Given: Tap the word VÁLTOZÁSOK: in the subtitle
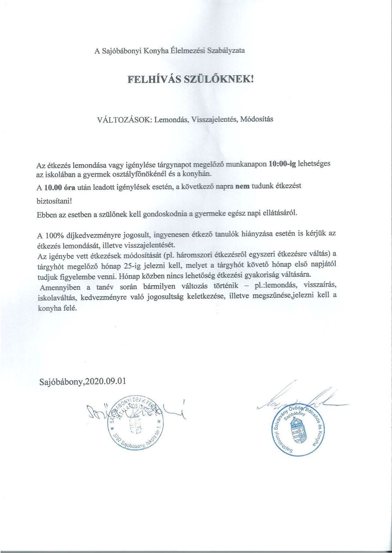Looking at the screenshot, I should [x=124, y=120].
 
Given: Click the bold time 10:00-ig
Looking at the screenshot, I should [x=282, y=164].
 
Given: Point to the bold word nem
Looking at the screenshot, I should [x=243, y=186].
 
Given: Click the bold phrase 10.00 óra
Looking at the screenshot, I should [x=60, y=188].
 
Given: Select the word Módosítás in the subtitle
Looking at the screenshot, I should [x=256, y=119].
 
